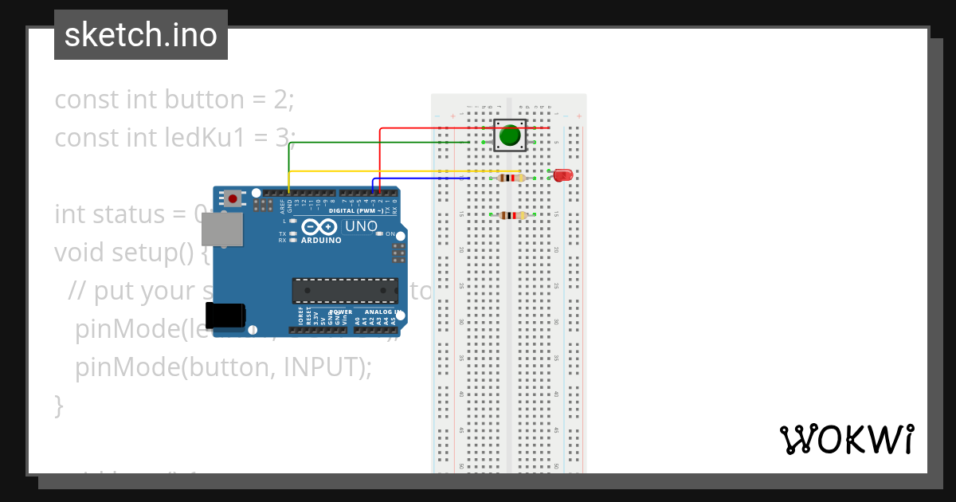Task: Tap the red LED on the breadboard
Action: (x=563, y=175)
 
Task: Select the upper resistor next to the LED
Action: (x=511, y=178)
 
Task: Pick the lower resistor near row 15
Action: (x=511, y=214)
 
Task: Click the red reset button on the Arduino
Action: (x=232, y=198)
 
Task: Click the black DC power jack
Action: (x=225, y=316)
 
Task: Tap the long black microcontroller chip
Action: (x=344, y=291)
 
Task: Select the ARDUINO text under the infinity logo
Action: (x=321, y=240)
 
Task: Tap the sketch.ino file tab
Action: (x=141, y=35)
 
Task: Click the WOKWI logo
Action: (x=846, y=439)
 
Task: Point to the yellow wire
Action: (x=398, y=171)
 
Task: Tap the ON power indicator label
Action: (x=390, y=234)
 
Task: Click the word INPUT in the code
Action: (x=323, y=367)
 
